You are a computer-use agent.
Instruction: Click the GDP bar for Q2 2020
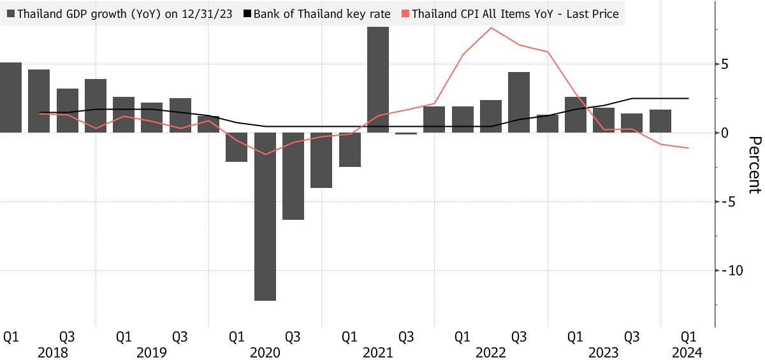[x=265, y=216]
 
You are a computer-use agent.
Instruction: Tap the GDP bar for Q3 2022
[x=519, y=102]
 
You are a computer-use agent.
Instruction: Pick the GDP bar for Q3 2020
[x=293, y=176]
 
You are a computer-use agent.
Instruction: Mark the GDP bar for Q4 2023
[x=660, y=121]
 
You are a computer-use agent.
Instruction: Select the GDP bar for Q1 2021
[x=350, y=150]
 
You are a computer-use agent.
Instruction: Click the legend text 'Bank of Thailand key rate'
[x=322, y=13]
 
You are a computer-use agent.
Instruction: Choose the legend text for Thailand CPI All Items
[x=515, y=13]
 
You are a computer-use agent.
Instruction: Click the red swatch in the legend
[x=406, y=13]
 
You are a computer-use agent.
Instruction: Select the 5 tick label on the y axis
[x=725, y=64]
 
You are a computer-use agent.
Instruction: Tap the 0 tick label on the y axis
[x=725, y=133]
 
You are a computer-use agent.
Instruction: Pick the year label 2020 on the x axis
[x=265, y=352]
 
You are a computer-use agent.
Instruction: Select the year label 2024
[x=688, y=352]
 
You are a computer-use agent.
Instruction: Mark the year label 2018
[x=53, y=352]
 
